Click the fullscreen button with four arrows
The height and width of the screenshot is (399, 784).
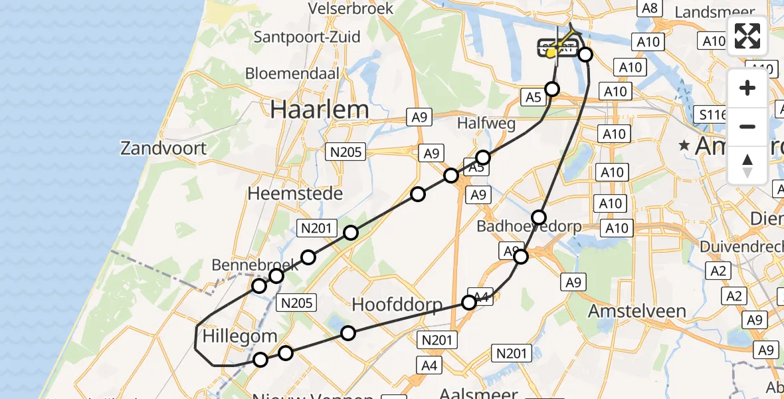point(747,36)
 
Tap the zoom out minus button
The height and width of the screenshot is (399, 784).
point(747,126)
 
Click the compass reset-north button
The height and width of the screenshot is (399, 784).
point(747,166)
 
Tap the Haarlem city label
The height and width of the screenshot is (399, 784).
point(319,110)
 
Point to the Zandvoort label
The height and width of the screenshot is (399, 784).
point(163,148)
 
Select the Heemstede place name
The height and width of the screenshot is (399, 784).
point(295,194)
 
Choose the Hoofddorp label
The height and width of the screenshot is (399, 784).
point(397,305)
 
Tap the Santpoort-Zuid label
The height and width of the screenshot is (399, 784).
point(307,37)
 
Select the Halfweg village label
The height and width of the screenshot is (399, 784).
point(482,124)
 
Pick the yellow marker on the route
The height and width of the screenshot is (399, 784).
point(551,53)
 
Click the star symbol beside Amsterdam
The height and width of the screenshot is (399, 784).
point(682,145)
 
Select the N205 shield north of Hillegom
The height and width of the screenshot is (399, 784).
point(297,303)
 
